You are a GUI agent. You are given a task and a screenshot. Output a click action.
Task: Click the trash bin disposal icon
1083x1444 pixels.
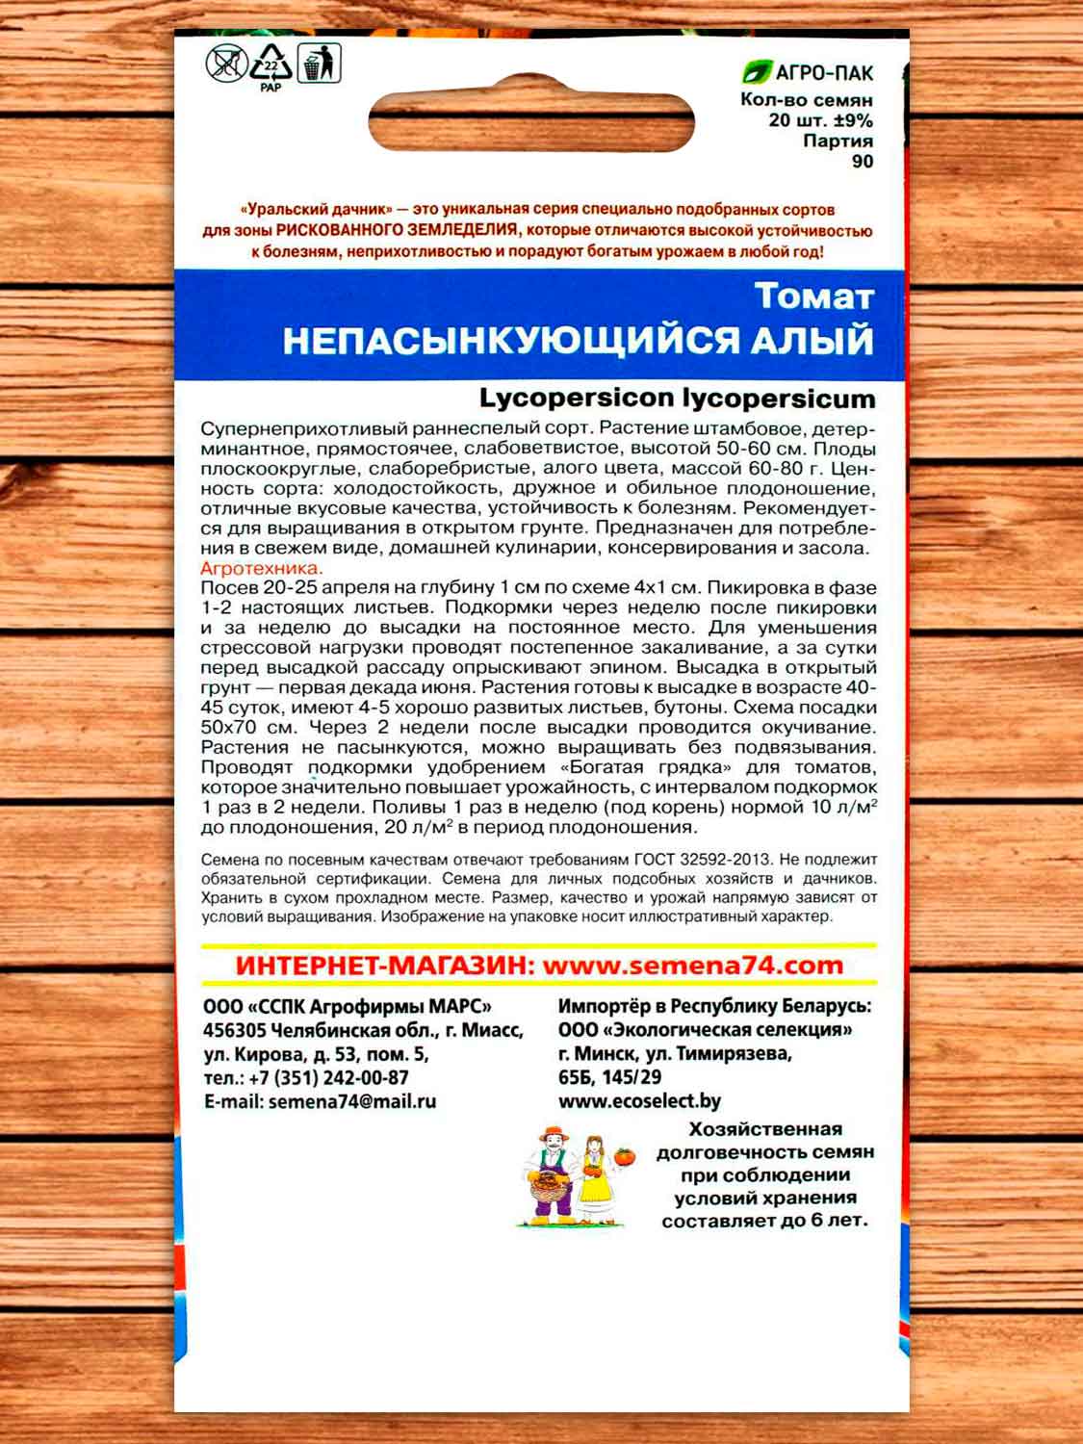click(x=318, y=64)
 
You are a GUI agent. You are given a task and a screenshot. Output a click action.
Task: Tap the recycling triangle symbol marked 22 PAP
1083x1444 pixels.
click(x=271, y=66)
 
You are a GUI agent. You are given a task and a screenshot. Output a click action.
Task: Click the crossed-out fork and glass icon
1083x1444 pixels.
click(x=225, y=64)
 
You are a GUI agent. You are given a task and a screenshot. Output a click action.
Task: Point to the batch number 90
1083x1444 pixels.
click(x=862, y=162)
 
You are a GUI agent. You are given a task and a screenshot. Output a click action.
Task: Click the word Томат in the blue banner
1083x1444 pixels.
click(x=813, y=297)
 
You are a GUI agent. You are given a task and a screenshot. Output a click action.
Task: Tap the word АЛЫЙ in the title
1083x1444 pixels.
click(x=821, y=341)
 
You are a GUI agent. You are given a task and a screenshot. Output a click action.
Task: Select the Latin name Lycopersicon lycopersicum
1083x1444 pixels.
click(x=677, y=399)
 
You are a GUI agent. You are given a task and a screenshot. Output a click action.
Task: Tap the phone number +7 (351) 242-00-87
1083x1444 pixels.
click(x=328, y=1077)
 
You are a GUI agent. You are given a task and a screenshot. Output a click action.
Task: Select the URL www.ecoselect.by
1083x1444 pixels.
click(x=639, y=1101)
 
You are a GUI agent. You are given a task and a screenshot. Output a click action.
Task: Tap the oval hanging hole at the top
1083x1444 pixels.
click(x=532, y=122)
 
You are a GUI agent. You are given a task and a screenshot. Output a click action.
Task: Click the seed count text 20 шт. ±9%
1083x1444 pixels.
click(x=820, y=120)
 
